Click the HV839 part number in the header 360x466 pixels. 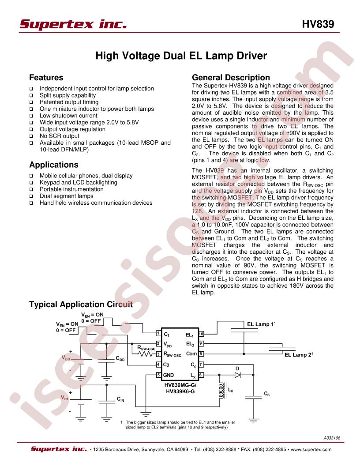(318, 24)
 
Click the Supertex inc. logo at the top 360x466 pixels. (73, 24)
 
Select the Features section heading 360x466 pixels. (46, 78)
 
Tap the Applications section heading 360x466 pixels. (54, 165)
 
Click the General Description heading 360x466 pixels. (231, 78)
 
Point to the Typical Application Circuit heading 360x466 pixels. (81, 304)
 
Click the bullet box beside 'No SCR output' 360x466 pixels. (31, 136)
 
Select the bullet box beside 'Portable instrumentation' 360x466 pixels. (31, 189)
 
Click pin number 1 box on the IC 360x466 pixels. (159, 334)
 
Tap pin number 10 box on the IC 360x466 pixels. (201, 334)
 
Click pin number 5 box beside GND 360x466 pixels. (159, 375)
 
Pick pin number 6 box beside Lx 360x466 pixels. (201, 375)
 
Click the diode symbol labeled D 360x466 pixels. (237, 375)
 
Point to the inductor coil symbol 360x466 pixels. (221, 391)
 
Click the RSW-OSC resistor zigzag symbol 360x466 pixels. (147, 353)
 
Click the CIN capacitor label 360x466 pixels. (120, 399)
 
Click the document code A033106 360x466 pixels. (332, 438)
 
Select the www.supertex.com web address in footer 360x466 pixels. (311, 449)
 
